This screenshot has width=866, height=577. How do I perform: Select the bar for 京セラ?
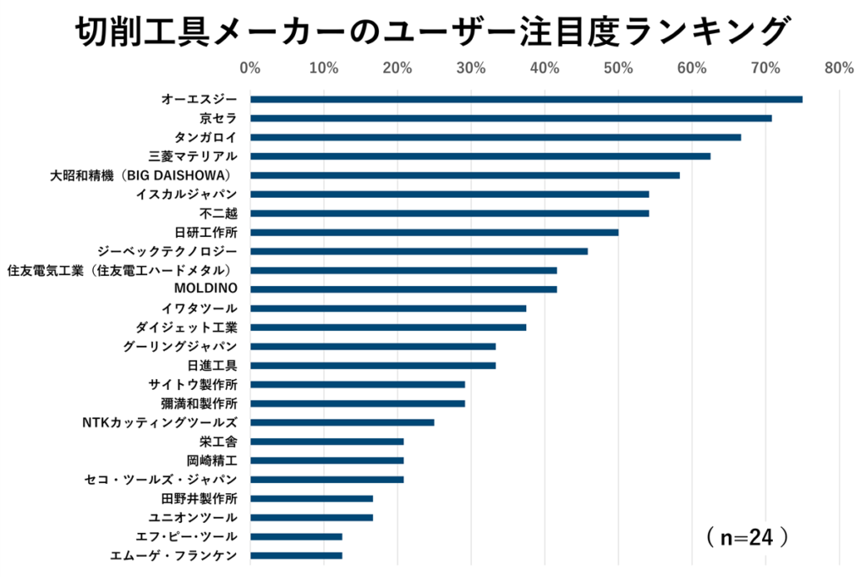pos(511,118)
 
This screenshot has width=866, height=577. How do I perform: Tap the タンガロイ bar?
pos(496,137)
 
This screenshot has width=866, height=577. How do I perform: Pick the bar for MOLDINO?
pos(403,289)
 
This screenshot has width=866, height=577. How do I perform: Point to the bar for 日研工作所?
pos(434,232)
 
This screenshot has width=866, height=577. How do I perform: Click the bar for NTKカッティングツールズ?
pos(342,422)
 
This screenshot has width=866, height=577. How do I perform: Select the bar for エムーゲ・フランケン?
pos(296,556)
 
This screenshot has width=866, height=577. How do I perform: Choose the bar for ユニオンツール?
pos(311,517)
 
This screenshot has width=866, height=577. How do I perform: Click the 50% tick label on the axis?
pos(618,68)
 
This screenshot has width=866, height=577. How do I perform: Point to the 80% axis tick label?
pos(839,68)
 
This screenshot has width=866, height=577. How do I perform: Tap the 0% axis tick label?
pos(250,68)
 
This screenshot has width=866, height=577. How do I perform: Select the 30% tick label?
pos(471,68)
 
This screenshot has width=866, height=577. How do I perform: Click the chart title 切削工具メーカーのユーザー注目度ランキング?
pos(432,31)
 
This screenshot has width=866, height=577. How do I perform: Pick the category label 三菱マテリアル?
pos(193,156)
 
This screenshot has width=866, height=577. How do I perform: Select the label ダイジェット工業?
pos(186,327)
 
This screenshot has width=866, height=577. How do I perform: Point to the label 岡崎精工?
pos(211,460)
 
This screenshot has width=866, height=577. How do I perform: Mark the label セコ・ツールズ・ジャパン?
pos(162,480)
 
